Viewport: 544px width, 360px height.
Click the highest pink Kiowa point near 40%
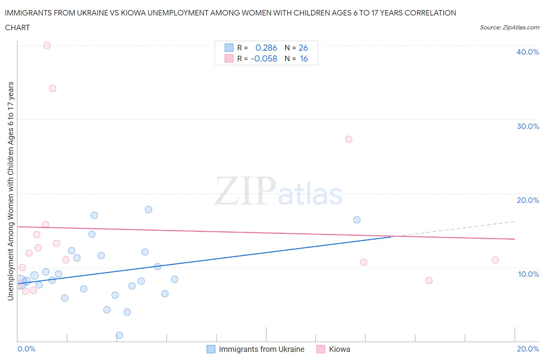tap(47, 45)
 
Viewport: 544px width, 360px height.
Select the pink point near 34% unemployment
tap(53, 89)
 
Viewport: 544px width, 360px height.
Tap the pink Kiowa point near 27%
tap(349, 139)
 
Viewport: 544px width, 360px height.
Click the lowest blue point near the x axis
tap(120, 335)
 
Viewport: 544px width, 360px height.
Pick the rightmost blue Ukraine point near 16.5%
tap(357, 220)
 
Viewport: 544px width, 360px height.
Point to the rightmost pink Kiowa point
tap(495, 260)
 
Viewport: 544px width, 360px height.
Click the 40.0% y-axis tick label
tap(528, 52)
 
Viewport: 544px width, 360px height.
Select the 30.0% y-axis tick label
tap(528, 126)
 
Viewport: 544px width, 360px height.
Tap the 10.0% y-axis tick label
tap(528, 274)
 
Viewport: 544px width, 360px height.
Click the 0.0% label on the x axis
tap(26, 349)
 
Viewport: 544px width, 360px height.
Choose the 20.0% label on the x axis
tap(528, 349)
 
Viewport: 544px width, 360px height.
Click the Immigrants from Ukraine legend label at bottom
tap(262, 349)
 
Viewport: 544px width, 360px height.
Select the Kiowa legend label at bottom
tap(339, 349)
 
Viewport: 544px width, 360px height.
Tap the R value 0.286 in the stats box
tap(266, 48)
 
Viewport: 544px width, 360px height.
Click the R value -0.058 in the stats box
tap(264, 58)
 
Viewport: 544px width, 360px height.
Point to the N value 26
tap(303, 48)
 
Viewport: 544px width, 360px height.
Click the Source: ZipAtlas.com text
tap(509, 27)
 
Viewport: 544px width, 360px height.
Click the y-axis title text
tap(10, 191)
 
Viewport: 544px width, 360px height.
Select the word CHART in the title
tap(17, 27)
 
